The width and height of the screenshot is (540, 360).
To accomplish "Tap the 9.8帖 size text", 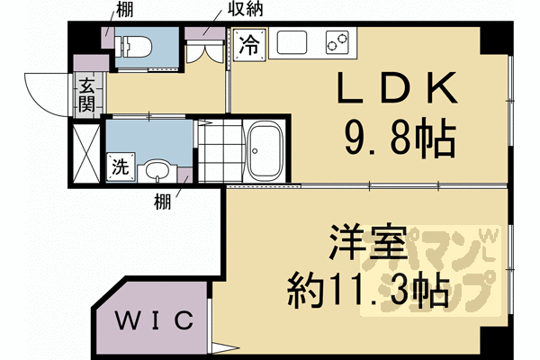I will click(396, 139).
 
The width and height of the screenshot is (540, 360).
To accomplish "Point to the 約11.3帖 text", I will click(367, 290).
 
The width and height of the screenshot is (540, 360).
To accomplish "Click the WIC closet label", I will click(155, 319).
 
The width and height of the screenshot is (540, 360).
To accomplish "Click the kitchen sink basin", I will click(292, 43).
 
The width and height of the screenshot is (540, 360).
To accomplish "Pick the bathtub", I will click(267, 150).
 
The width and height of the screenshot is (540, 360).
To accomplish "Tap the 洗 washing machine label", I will click(120, 166).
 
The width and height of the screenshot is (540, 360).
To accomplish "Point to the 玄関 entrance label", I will click(86, 94).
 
